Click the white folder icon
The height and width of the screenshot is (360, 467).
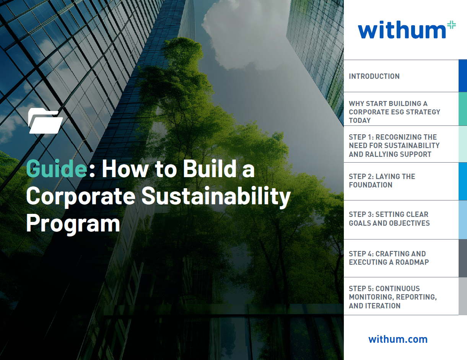point(45,121)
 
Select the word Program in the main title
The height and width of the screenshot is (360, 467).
point(73,223)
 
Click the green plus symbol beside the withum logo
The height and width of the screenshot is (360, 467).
point(451,25)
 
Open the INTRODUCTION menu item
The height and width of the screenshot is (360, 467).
point(374,76)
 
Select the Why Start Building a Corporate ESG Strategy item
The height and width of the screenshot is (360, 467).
point(394,112)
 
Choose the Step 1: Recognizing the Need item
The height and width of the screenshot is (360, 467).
point(394,146)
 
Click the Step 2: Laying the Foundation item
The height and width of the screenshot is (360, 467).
point(382,181)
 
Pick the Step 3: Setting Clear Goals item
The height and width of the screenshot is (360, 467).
point(389,218)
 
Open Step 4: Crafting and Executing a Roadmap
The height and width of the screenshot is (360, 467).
point(389,258)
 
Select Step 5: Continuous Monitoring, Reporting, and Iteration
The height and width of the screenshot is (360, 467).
point(392,297)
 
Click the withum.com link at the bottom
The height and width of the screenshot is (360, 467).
point(398,339)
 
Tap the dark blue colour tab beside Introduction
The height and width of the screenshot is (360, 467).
point(462,76)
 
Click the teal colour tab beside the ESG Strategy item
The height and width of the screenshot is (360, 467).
point(462,109)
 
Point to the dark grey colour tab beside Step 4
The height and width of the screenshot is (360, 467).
point(462,258)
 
